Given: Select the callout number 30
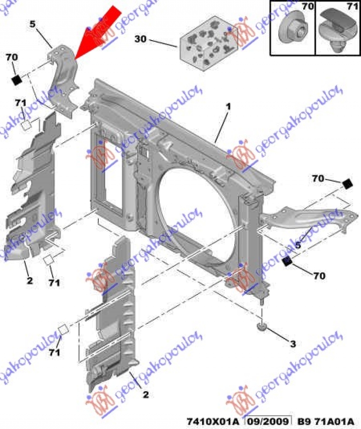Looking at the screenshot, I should [x=140, y=40].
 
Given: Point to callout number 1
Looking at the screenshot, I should [x=228, y=107].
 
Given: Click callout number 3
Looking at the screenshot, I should [x=292, y=345].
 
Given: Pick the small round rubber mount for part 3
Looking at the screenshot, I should [x=262, y=326].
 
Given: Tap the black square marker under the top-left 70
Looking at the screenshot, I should [x=17, y=79].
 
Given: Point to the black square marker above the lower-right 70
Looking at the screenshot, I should [x=287, y=261].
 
